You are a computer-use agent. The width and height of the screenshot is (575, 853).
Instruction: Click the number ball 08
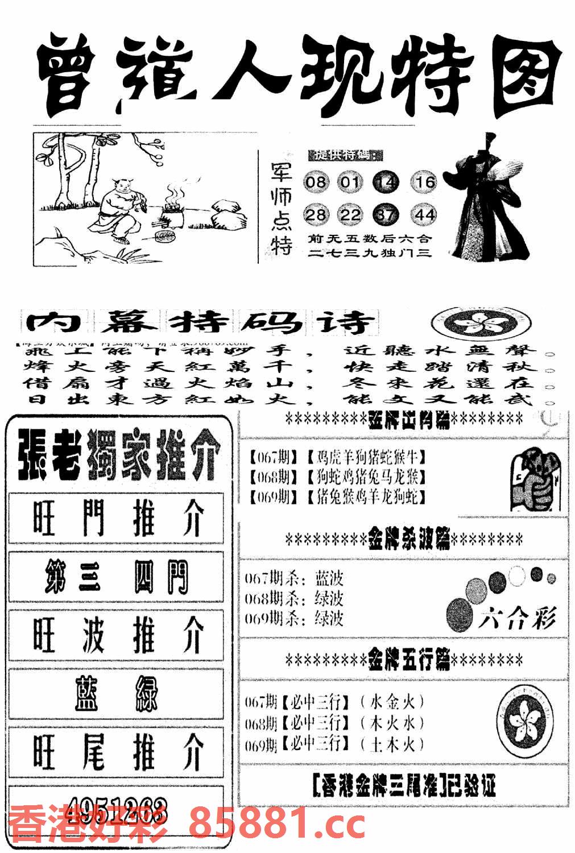(x=316, y=183)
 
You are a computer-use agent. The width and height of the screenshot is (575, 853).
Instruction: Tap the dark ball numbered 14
(x=386, y=183)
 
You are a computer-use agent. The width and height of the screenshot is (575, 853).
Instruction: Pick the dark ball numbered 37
(x=386, y=215)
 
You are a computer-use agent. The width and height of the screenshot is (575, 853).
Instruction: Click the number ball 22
(x=350, y=215)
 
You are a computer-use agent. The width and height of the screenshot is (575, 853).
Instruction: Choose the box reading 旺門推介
(x=116, y=519)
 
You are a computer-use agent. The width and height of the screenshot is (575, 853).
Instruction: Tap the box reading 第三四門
(x=116, y=577)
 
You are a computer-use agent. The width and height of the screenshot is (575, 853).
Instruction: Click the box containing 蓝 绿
(x=116, y=693)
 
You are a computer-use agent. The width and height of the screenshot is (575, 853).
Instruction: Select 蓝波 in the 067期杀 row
(x=329, y=578)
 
